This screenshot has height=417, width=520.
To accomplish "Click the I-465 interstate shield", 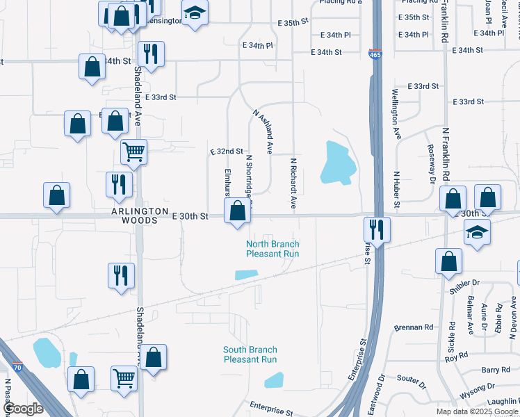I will (x=373, y=53).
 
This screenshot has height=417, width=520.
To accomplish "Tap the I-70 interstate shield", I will (x=18, y=367).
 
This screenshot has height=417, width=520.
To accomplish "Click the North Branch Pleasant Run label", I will (x=273, y=249).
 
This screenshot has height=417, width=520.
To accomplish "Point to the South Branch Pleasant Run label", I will (x=250, y=354).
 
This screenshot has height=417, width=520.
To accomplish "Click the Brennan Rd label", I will (x=413, y=327).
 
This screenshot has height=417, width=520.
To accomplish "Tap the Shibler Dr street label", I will (x=465, y=283).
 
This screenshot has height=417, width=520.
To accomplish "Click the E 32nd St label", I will (x=226, y=151).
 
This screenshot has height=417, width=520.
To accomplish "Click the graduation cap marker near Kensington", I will (x=195, y=12).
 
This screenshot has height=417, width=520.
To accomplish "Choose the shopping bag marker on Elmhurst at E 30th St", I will (x=238, y=210).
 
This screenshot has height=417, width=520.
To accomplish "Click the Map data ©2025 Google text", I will (x=476, y=411).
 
